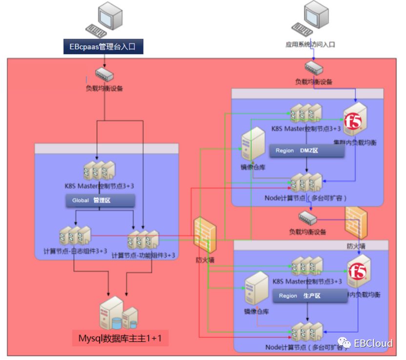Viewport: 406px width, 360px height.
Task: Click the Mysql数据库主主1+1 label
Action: [x=120, y=338]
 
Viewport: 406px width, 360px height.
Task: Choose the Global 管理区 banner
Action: [x=100, y=200]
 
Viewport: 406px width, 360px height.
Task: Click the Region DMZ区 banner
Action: [x=307, y=151]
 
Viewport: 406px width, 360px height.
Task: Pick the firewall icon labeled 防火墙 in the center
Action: [x=205, y=236]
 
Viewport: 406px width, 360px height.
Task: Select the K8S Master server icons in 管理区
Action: [x=101, y=171]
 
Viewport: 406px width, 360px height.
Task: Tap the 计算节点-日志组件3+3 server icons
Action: [x=75, y=237]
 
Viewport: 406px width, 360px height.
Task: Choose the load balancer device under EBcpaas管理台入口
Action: [x=104, y=74]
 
